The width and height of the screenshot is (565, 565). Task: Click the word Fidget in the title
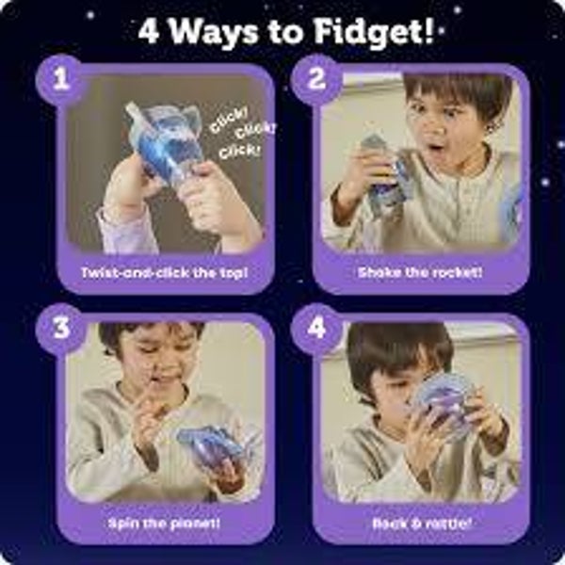click(373, 31)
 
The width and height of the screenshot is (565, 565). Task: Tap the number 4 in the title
click(148, 32)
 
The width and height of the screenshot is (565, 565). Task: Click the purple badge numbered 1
click(60, 79)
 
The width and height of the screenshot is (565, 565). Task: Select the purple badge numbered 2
click(316, 79)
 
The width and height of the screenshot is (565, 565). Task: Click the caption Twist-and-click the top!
click(165, 273)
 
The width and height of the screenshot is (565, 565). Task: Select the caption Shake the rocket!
click(420, 272)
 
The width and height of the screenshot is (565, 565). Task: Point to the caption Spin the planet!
click(164, 524)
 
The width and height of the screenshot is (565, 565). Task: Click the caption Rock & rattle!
click(422, 523)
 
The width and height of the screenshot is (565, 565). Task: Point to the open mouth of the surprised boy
click(437, 148)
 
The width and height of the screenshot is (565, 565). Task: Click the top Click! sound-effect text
click(229, 121)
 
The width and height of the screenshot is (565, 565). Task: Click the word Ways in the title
click(214, 33)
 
